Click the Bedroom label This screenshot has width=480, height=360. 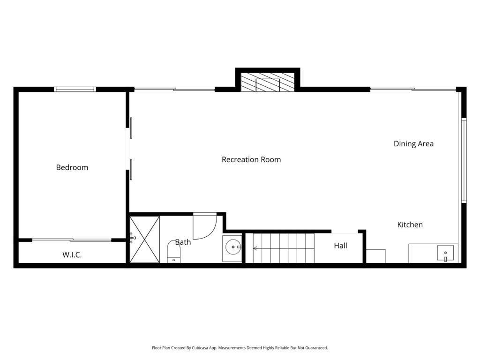72,167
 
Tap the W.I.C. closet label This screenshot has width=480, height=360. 72,255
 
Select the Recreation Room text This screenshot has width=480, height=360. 251,159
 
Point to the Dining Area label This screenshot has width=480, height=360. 413,143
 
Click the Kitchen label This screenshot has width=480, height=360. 410,225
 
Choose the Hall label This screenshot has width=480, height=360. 340,245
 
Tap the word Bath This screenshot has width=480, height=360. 183,242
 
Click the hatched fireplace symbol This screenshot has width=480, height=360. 267,82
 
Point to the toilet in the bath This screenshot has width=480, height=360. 174,252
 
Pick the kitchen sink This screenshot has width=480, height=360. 445,253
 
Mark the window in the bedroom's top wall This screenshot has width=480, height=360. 75,89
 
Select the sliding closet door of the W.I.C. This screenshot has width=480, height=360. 72,240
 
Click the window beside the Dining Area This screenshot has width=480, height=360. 464,160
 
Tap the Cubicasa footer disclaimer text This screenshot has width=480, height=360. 240,348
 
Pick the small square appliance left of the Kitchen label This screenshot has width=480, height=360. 375,256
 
